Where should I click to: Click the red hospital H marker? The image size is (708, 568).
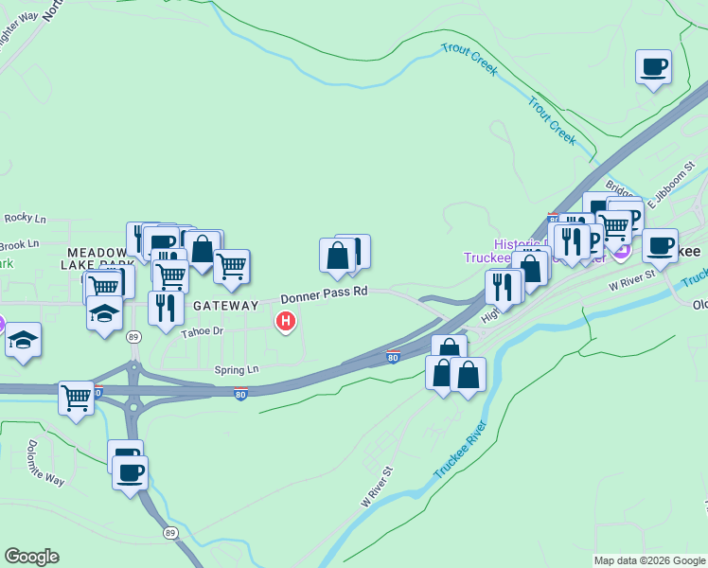point(284,322)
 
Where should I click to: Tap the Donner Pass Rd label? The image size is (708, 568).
point(323,293)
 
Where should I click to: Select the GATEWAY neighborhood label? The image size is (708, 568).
point(225,306)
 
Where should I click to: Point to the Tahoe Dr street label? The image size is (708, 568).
point(203,330)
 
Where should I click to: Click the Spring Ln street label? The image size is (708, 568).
point(237,369)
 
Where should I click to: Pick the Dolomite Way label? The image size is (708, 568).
point(45,463)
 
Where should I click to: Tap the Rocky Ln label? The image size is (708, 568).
point(25,218)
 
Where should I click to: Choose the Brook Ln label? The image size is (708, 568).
point(20,243)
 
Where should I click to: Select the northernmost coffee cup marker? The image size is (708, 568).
point(653,67)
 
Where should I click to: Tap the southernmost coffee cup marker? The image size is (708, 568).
point(130,471)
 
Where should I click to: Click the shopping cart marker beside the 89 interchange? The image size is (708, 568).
point(76,398)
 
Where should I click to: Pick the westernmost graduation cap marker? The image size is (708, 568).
point(23,341)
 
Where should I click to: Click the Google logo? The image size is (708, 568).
point(31,557)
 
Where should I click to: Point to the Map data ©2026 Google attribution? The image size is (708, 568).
point(649,560)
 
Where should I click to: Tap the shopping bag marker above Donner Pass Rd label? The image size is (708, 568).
point(338,255)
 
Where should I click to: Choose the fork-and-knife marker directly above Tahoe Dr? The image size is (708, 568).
point(166,308)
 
